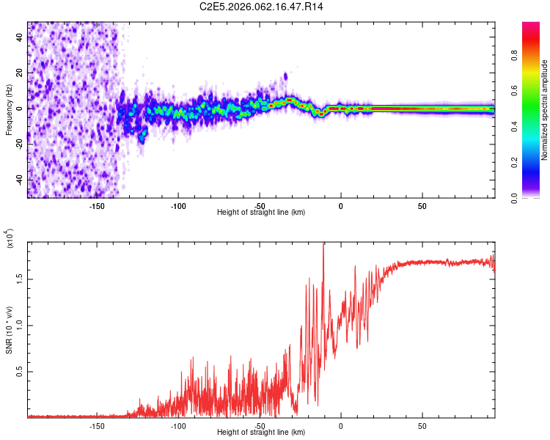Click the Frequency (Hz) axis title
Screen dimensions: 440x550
[9, 109]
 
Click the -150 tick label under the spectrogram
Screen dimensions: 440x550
[96, 205]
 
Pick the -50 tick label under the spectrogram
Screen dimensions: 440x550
[259, 205]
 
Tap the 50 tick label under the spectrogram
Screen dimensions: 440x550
[422, 205]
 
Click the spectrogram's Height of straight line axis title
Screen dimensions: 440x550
[261, 213]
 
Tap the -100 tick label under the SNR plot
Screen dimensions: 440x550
[177, 425]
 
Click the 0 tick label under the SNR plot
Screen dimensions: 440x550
[341, 425]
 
